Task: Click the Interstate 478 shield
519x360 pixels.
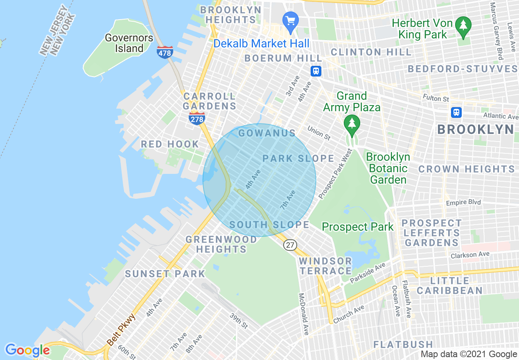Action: click(165, 52)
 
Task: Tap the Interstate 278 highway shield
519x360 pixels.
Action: click(197, 119)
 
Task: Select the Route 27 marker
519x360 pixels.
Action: click(290, 245)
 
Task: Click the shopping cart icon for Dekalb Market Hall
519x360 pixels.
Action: click(291, 20)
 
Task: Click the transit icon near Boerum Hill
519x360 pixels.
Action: click(316, 71)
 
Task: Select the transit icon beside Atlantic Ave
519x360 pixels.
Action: click(456, 112)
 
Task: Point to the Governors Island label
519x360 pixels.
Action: click(129, 43)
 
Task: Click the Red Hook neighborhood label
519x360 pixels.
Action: click(170, 144)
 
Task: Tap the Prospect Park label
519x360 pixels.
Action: click(357, 227)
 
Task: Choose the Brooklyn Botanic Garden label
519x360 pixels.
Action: click(388, 168)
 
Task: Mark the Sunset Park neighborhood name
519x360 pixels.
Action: click(165, 274)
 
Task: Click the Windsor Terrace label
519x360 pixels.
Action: click(325, 266)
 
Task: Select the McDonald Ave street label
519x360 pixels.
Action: click(304, 314)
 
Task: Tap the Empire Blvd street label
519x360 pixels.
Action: click(463, 202)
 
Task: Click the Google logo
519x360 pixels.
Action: click(27, 350)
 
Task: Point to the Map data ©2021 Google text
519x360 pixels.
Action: click(469, 354)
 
